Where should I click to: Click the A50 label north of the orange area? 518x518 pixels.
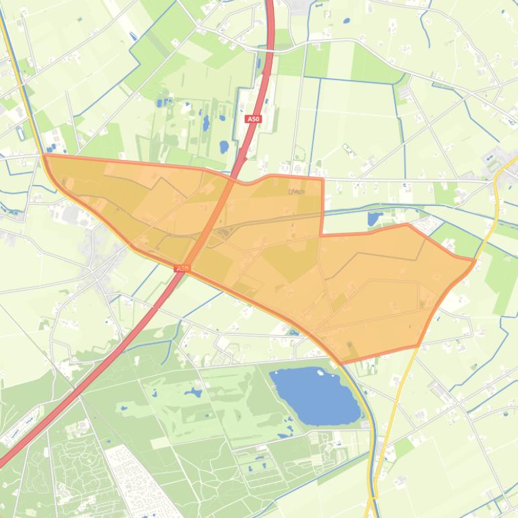(x=253, y=118)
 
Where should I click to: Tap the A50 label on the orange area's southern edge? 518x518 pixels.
(x=182, y=268)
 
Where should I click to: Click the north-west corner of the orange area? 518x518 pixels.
(x=44, y=155)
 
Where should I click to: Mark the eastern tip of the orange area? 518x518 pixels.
(x=475, y=260)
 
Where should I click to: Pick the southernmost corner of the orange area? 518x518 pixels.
(x=341, y=363)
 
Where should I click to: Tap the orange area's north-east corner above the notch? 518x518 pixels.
(x=323, y=178)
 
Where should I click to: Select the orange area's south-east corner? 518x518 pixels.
(x=418, y=346)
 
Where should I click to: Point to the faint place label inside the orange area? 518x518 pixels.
(x=296, y=192)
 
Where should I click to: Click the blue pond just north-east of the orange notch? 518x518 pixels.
(x=374, y=219)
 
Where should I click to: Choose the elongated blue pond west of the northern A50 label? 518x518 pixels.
(x=206, y=123)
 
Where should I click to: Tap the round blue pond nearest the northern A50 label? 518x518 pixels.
(x=224, y=146)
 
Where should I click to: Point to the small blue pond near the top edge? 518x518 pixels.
(x=346, y=20)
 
